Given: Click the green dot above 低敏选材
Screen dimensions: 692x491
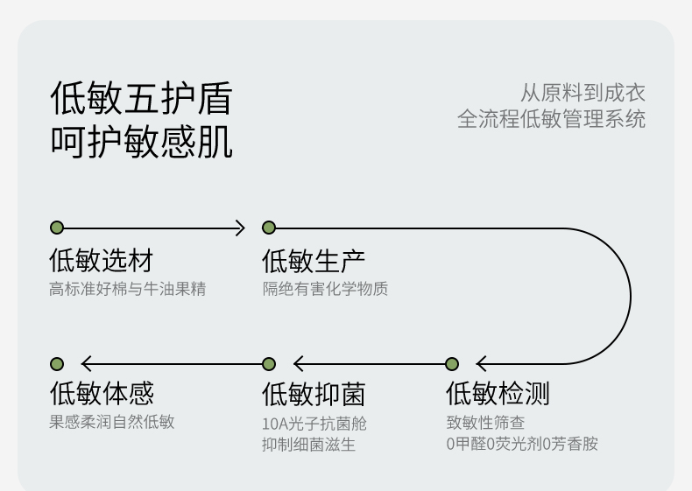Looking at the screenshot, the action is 57,228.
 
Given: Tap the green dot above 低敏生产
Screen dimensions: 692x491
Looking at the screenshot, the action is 269,228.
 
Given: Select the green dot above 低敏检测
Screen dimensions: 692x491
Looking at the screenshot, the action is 452,364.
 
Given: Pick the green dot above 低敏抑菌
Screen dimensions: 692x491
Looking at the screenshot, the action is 269,364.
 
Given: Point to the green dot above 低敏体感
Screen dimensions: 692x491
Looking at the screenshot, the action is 57,364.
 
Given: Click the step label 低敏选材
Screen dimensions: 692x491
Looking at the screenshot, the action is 101,260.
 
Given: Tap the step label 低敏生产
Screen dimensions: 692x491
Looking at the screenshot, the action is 314,261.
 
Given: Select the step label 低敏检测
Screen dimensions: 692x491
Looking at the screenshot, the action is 498,393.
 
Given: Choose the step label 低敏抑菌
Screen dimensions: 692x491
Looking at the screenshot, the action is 314,394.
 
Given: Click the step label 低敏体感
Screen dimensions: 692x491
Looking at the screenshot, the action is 102,393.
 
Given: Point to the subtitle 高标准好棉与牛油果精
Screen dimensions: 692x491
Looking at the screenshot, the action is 128,289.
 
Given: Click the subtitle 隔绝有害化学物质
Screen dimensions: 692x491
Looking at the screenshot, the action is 325,289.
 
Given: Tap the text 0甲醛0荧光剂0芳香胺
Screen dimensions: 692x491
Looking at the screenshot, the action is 522,444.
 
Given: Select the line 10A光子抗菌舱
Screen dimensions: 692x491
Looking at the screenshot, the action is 314,424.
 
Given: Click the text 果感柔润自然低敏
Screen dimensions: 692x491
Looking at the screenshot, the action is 112,422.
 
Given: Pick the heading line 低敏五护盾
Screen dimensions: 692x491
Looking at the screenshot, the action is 141,98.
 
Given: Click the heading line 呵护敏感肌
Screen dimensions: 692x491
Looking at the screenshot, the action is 141,142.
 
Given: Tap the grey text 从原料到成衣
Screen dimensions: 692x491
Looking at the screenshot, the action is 583,93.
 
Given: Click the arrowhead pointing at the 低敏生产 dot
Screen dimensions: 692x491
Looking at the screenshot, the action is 240,228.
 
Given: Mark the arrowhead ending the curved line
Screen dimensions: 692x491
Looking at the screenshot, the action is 482,364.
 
